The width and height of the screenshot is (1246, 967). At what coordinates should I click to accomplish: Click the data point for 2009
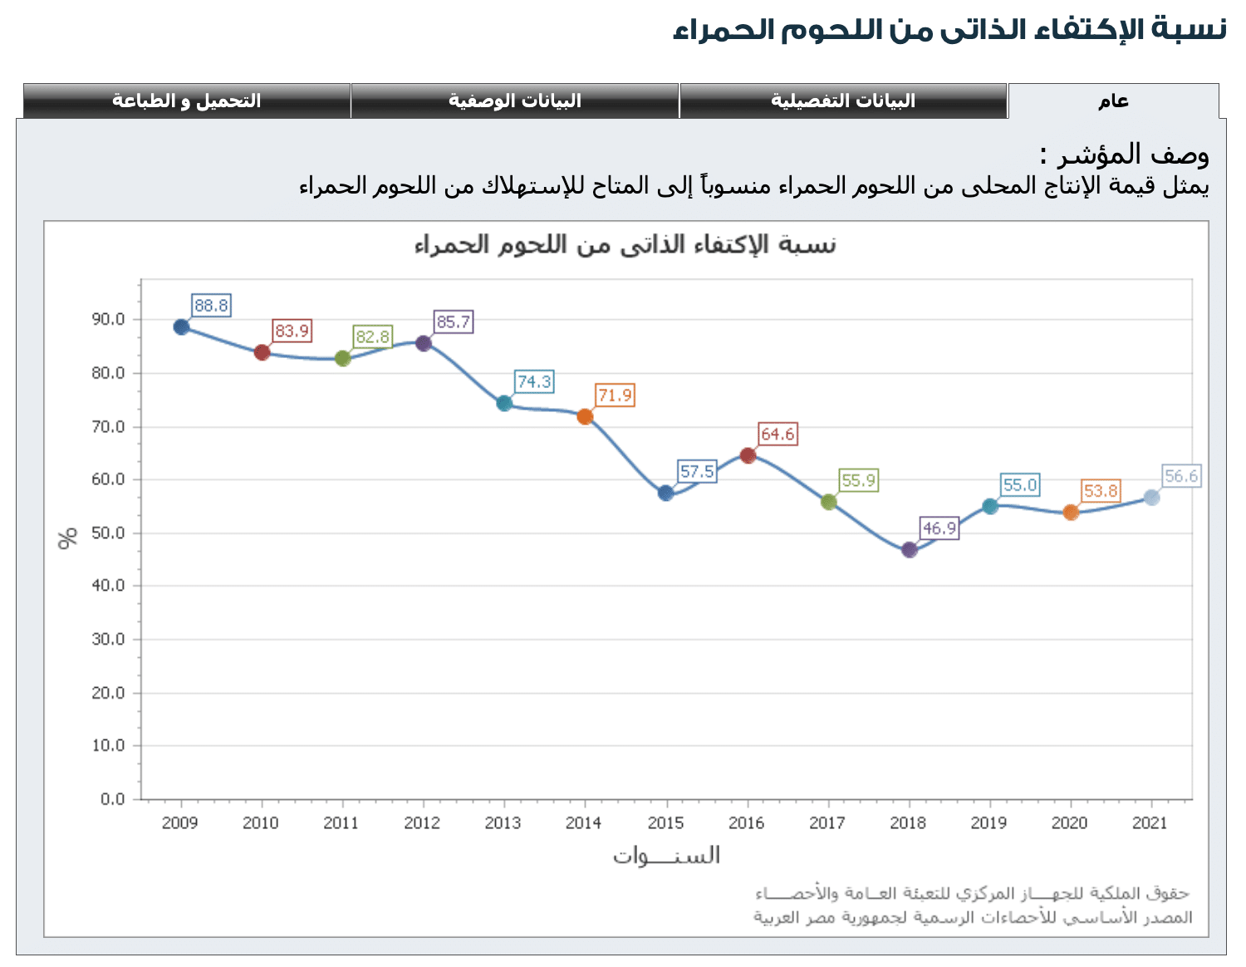[x=181, y=326]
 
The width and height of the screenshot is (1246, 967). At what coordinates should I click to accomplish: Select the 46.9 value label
[x=939, y=528]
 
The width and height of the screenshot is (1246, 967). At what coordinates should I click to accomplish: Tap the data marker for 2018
[x=909, y=550]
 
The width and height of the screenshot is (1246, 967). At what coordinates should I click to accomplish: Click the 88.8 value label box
[x=211, y=306]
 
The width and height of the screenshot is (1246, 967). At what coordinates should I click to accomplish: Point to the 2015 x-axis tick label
[x=665, y=823]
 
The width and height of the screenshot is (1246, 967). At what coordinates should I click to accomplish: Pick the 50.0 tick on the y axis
[x=108, y=533]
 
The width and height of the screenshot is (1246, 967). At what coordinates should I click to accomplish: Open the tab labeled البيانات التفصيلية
[x=843, y=101]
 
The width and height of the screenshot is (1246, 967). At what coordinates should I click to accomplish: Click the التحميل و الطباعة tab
[x=187, y=101]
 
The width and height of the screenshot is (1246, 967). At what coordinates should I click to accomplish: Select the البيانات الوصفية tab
[x=515, y=101]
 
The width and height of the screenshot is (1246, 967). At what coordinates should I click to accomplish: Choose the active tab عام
[x=1113, y=101]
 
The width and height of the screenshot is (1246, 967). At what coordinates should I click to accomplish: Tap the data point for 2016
[x=748, y=455]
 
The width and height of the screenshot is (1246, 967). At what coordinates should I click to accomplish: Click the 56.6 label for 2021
[x=1181, y=476]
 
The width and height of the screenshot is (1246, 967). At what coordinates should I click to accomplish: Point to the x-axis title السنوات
[x=666, y=856]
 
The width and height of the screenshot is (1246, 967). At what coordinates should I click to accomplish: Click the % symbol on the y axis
[x=68, y=537]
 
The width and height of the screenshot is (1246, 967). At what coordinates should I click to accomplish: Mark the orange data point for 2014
[x=585, y=416]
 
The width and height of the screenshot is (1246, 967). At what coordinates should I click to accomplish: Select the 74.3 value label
[x=534, y=382]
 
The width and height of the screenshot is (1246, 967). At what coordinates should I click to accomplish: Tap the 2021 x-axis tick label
[x=1150, y=823]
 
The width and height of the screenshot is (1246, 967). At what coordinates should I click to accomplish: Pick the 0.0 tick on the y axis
[x=112, y=799]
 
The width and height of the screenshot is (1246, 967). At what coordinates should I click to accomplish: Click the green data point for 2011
[x=342, y=358]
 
